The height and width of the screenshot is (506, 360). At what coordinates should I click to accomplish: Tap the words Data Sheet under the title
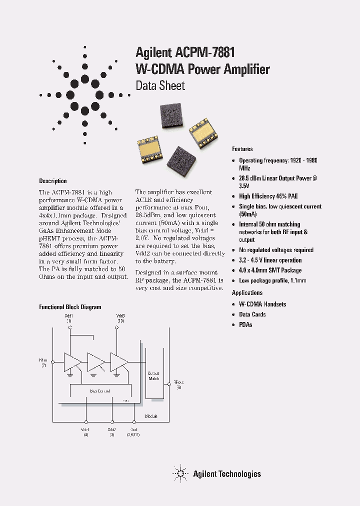click(160, 85)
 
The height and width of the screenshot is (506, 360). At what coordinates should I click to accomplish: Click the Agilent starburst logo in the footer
click(179, 473)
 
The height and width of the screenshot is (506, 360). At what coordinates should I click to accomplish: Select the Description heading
click(53, 181)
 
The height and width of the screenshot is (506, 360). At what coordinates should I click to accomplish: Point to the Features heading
click(242, 149)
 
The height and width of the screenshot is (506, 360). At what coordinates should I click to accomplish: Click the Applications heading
click(247, 293)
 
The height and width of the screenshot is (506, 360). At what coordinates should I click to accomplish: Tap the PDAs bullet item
click(245, 325)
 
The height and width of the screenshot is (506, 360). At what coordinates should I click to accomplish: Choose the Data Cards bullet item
click(252, 314)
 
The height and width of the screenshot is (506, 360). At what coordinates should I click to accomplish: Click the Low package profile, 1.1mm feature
click(272, 280)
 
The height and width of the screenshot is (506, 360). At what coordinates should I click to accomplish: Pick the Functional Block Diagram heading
click(70, 307)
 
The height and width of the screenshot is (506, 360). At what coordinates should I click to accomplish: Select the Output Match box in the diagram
click(153, 376)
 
